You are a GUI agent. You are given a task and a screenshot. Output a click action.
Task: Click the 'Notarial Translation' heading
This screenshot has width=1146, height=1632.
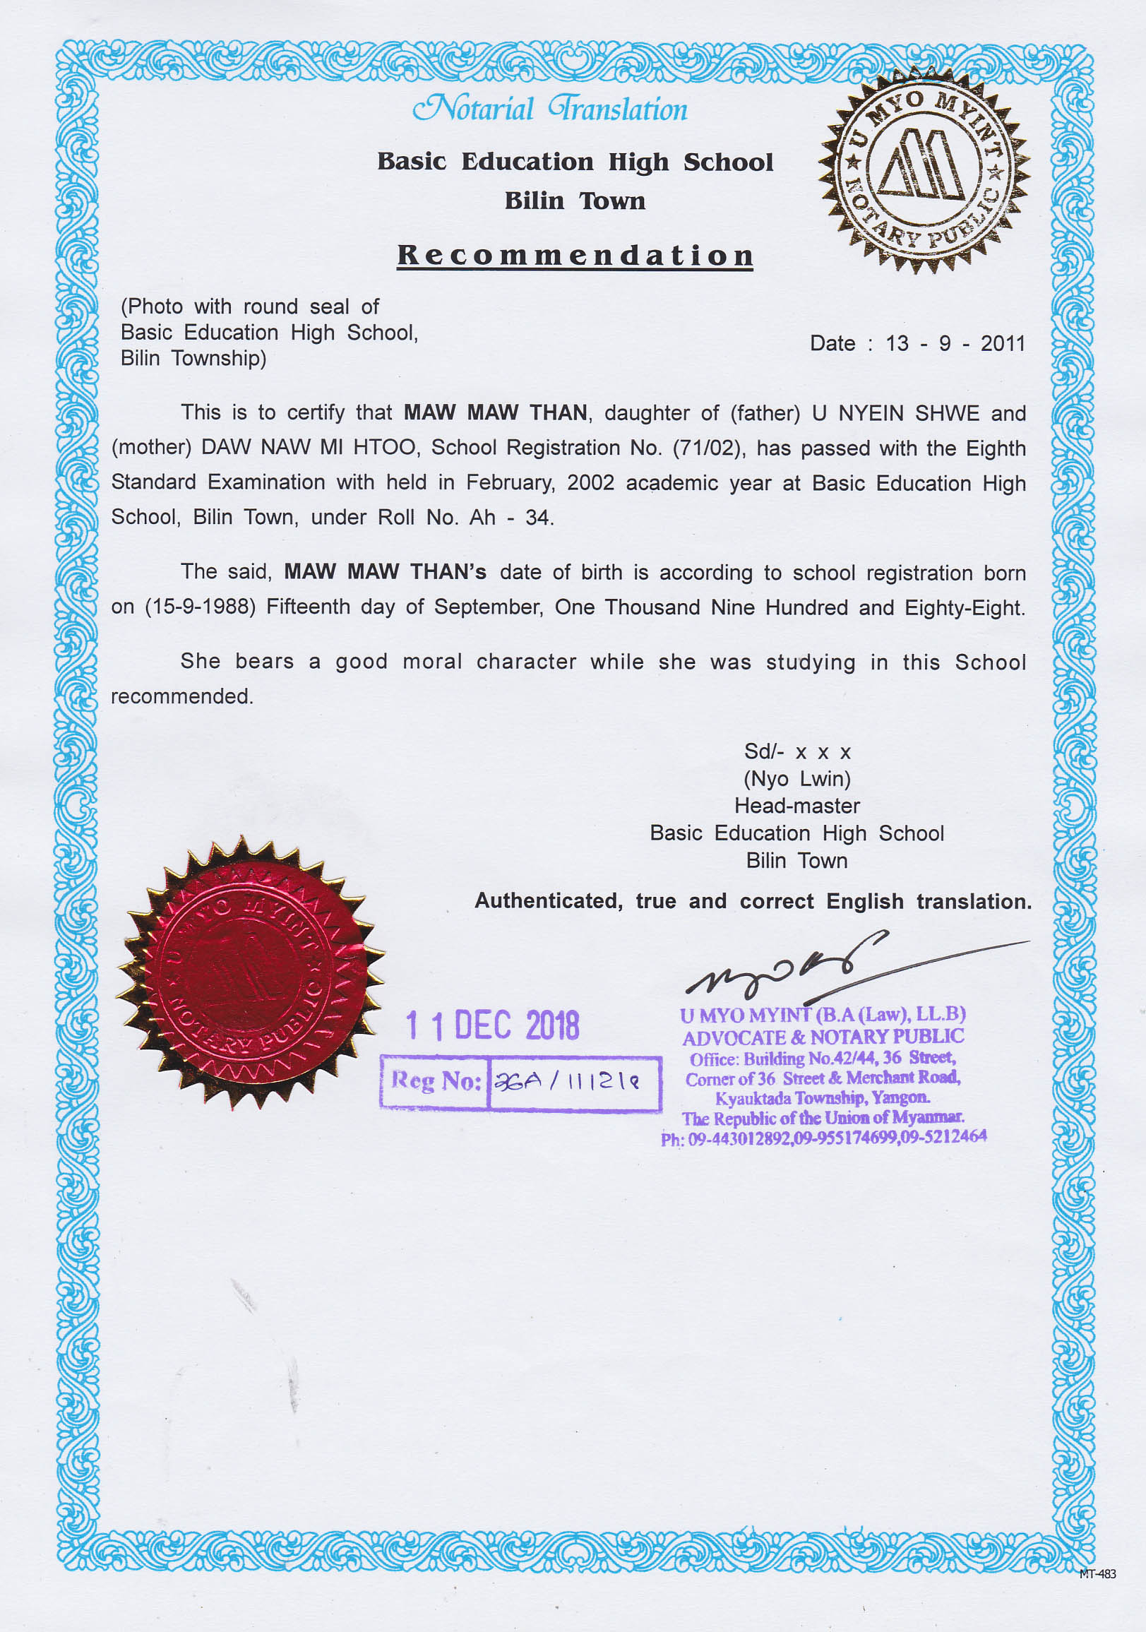550,109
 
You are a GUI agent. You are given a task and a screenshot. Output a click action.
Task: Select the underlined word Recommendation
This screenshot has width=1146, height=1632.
575,255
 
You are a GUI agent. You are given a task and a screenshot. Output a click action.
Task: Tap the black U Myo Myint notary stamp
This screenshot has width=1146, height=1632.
924,170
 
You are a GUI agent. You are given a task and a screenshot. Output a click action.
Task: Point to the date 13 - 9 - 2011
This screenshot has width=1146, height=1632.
955,344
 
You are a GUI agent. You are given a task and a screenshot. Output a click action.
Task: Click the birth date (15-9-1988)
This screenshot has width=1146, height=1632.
200,607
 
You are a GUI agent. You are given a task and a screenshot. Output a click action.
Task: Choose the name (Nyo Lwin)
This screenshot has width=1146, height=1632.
797,779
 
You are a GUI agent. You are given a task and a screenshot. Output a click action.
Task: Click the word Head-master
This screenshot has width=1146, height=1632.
797,806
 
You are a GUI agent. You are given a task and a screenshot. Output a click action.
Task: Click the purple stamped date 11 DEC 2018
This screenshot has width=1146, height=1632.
493,1025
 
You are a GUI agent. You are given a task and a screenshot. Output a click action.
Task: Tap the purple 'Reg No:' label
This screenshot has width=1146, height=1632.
436,1081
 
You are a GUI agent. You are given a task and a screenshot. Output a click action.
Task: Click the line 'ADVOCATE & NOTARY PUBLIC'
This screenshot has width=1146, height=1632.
823,1038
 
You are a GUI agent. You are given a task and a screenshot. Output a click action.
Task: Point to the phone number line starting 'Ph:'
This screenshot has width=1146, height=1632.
823,1138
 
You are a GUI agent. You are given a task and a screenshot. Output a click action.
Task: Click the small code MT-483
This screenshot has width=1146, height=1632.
1097,1573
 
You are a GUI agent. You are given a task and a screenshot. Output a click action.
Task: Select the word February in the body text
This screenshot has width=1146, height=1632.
510,482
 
